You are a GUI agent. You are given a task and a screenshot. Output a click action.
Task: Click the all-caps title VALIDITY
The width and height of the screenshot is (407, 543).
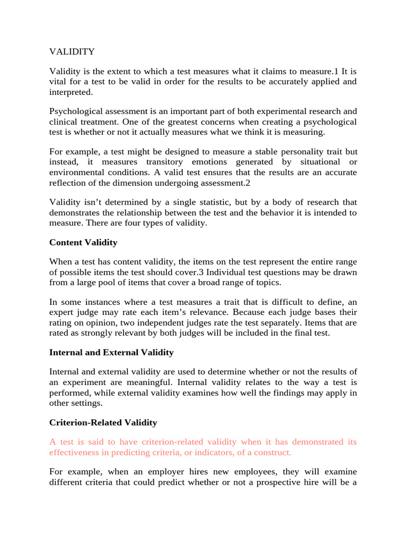[x=72, y=51]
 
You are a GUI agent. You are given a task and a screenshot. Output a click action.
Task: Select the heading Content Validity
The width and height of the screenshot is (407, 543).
[x=83, y=242]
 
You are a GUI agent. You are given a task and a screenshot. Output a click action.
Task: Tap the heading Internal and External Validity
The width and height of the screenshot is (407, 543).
[x=111, y=352]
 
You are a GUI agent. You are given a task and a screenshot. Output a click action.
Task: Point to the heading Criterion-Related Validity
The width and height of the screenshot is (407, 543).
[x=103, y=423]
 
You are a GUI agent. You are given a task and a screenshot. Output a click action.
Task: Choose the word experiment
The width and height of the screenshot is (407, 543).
[x=91, y=382]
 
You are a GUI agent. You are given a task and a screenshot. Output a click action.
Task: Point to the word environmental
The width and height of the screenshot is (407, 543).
[x=79, y=172]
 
